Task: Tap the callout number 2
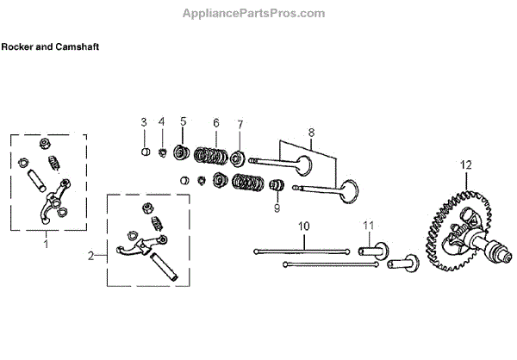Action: tap(90, 256)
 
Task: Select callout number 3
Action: tap(145, 121)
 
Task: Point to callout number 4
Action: tap(161, 121)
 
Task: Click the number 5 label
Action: tap(183, 121)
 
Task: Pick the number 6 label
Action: tap(215, 121)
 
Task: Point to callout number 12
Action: tap(465, 164)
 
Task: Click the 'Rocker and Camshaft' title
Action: tap(50, 47)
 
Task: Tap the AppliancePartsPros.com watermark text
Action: tap(254, 13)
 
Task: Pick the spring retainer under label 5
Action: tap(181, 153)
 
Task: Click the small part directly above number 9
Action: tap(277, 184)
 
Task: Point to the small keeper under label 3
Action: tap(146, 152)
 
